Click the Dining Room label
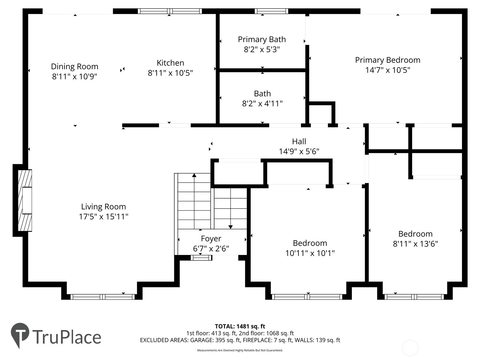(x=74, y=66)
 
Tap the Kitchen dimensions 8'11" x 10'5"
(x=170, y=73)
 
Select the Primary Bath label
(x=262, y=39)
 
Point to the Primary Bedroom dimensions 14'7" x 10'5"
(x=388, y=70)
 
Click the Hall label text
(x=299, y=141)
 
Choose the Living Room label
(x=103, y=206)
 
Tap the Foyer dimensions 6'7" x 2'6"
(x=211, y=249)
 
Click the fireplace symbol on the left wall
(x=25, y=200)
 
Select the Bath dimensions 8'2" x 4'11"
(x=262, y=103)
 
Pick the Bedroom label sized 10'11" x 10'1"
(x=310, y=243)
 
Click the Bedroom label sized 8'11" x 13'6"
(x=415, y=234)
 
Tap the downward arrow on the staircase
(x=230, y=226)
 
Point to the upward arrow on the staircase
(x=194, y=175)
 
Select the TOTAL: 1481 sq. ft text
(x=240, y=326)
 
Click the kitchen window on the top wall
(x=169, y=11)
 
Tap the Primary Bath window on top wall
(x=271, y=11)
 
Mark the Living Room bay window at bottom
(x=103, y=297)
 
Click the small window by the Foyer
(x=201, y=257)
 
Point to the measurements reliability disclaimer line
(x=240, y=350)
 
